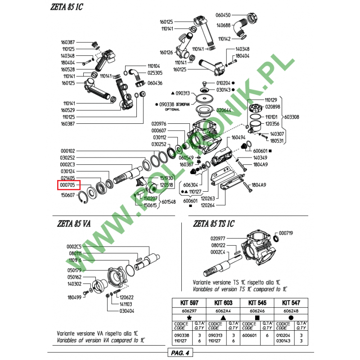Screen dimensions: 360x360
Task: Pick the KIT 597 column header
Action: pos(189,303)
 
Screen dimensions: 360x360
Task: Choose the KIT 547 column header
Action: pos(292,303)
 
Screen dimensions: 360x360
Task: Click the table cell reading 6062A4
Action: pos(222,310)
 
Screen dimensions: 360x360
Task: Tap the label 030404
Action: pos(127,311)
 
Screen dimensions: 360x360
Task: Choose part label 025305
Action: pos(154,72)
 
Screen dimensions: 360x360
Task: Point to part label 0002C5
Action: pos(74,247)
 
